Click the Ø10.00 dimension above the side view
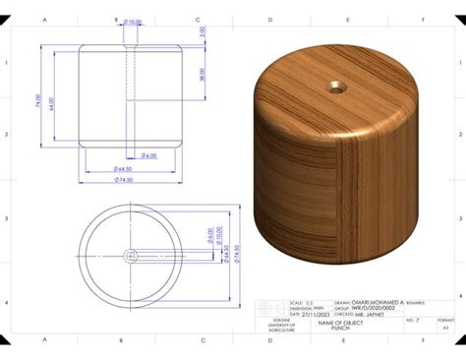click(134, 23)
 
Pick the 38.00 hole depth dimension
click(203, 74)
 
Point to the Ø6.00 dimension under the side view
click(147, 155)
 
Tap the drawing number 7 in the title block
click(417, 321)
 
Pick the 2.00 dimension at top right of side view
click(203, 31)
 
